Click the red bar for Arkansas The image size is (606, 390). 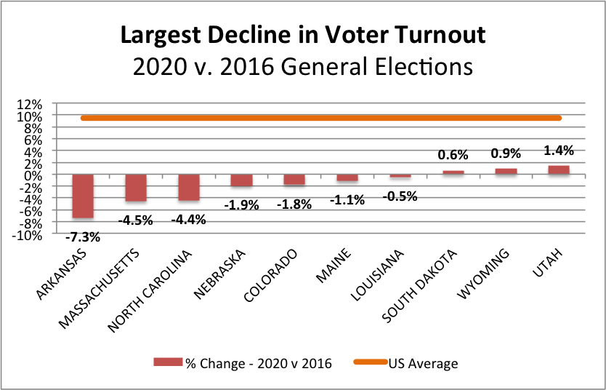click(x=82, y=196)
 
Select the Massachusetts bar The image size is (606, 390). click(x=136, y=188)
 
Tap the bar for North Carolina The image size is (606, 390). click(x=189, y=187)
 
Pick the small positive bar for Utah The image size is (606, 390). click(x=559, y=170)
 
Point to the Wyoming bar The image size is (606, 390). click(x=506, y=172)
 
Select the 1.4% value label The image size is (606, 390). click(x=559, y=151)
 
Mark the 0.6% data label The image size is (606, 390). click(x=453, y=155)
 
